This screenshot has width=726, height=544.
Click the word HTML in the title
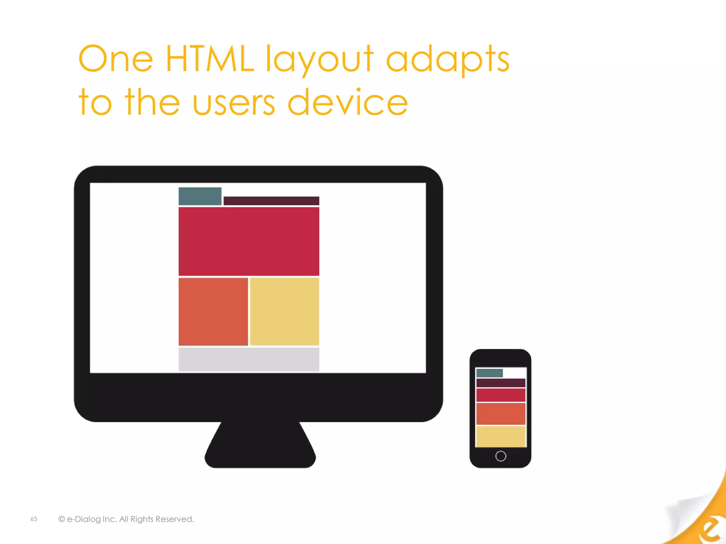point(210,58)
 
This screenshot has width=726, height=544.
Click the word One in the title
point(116,58)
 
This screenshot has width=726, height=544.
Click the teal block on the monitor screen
point(200,196)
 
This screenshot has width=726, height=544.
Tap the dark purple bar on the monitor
point(271,201)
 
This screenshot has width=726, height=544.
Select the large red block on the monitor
point(249,241)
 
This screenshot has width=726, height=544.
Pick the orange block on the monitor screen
point(213,311)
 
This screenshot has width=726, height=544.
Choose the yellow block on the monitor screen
point(285,311)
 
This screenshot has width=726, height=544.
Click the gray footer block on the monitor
point(249,359)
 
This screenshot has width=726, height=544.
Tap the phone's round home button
point(501,456)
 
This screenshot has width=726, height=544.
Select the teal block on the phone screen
point(489,373)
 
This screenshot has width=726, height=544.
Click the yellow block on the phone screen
point(501,436)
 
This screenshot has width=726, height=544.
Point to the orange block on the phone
point(501,414)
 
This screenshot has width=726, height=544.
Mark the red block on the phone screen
point(501,395)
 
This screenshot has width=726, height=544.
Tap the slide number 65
point(34,519)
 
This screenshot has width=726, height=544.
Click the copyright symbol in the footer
point(62,519)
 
